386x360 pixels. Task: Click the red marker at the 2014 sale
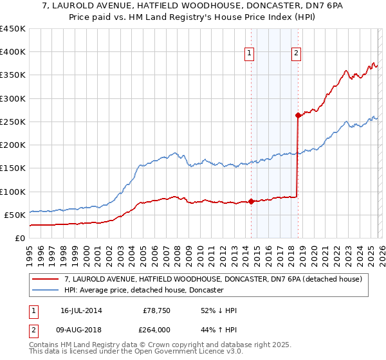251,201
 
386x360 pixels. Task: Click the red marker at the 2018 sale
298,116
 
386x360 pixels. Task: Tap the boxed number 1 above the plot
249,54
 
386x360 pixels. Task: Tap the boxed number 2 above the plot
296,54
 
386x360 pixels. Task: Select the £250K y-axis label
13,122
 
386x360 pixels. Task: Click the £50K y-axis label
15,215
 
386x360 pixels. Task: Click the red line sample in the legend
46,279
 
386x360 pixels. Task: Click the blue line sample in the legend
46,291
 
